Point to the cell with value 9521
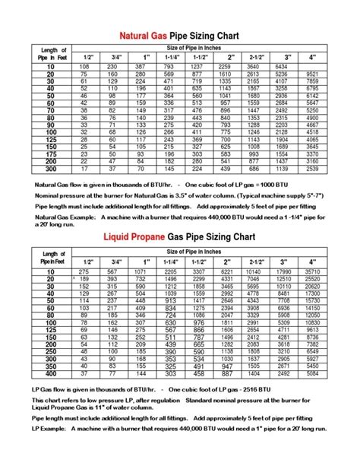312,74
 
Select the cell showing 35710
312,271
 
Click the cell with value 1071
140,271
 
